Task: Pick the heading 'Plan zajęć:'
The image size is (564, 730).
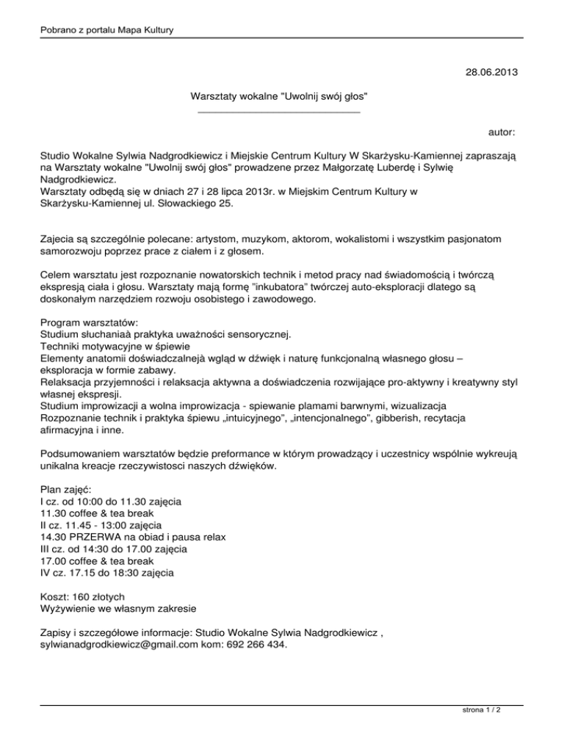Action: coord(66,489)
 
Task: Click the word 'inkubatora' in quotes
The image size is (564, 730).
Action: coord(239,286)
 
